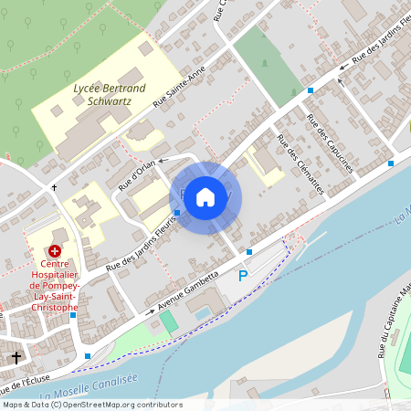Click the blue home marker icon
coord(205,196)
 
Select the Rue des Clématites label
coord(300,164)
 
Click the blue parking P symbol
coord(243,276)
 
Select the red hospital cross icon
coord(55,249)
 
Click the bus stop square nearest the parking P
coord(249,252)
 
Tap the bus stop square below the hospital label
coord(72,315)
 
